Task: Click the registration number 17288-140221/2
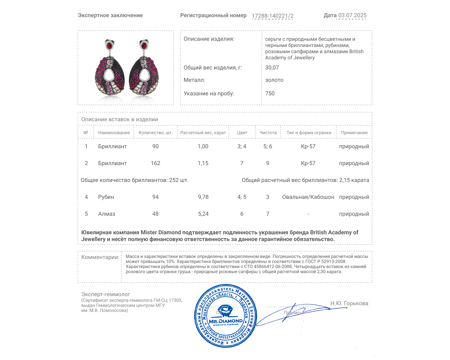click(272, 16)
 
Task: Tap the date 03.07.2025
click(352, 15)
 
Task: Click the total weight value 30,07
click(272, 67)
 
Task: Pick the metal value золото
click(274, 80)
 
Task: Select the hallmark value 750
click(270, 93)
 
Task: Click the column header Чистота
click(268, 132)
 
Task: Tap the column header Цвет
click(242, 132)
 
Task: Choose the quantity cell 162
click(155, 163)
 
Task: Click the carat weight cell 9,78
click(203, 197)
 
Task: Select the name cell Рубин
click(106, 197)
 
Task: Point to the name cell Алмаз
click(107, 214)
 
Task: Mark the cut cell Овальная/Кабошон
click(308, 197)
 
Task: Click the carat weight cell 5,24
click(203, 214)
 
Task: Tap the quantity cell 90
click(155, 146)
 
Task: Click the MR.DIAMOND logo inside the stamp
click(226, 321)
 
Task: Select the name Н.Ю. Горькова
click(349, 303)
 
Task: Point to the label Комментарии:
click(100, 257)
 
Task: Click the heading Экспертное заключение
click(110, 15)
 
